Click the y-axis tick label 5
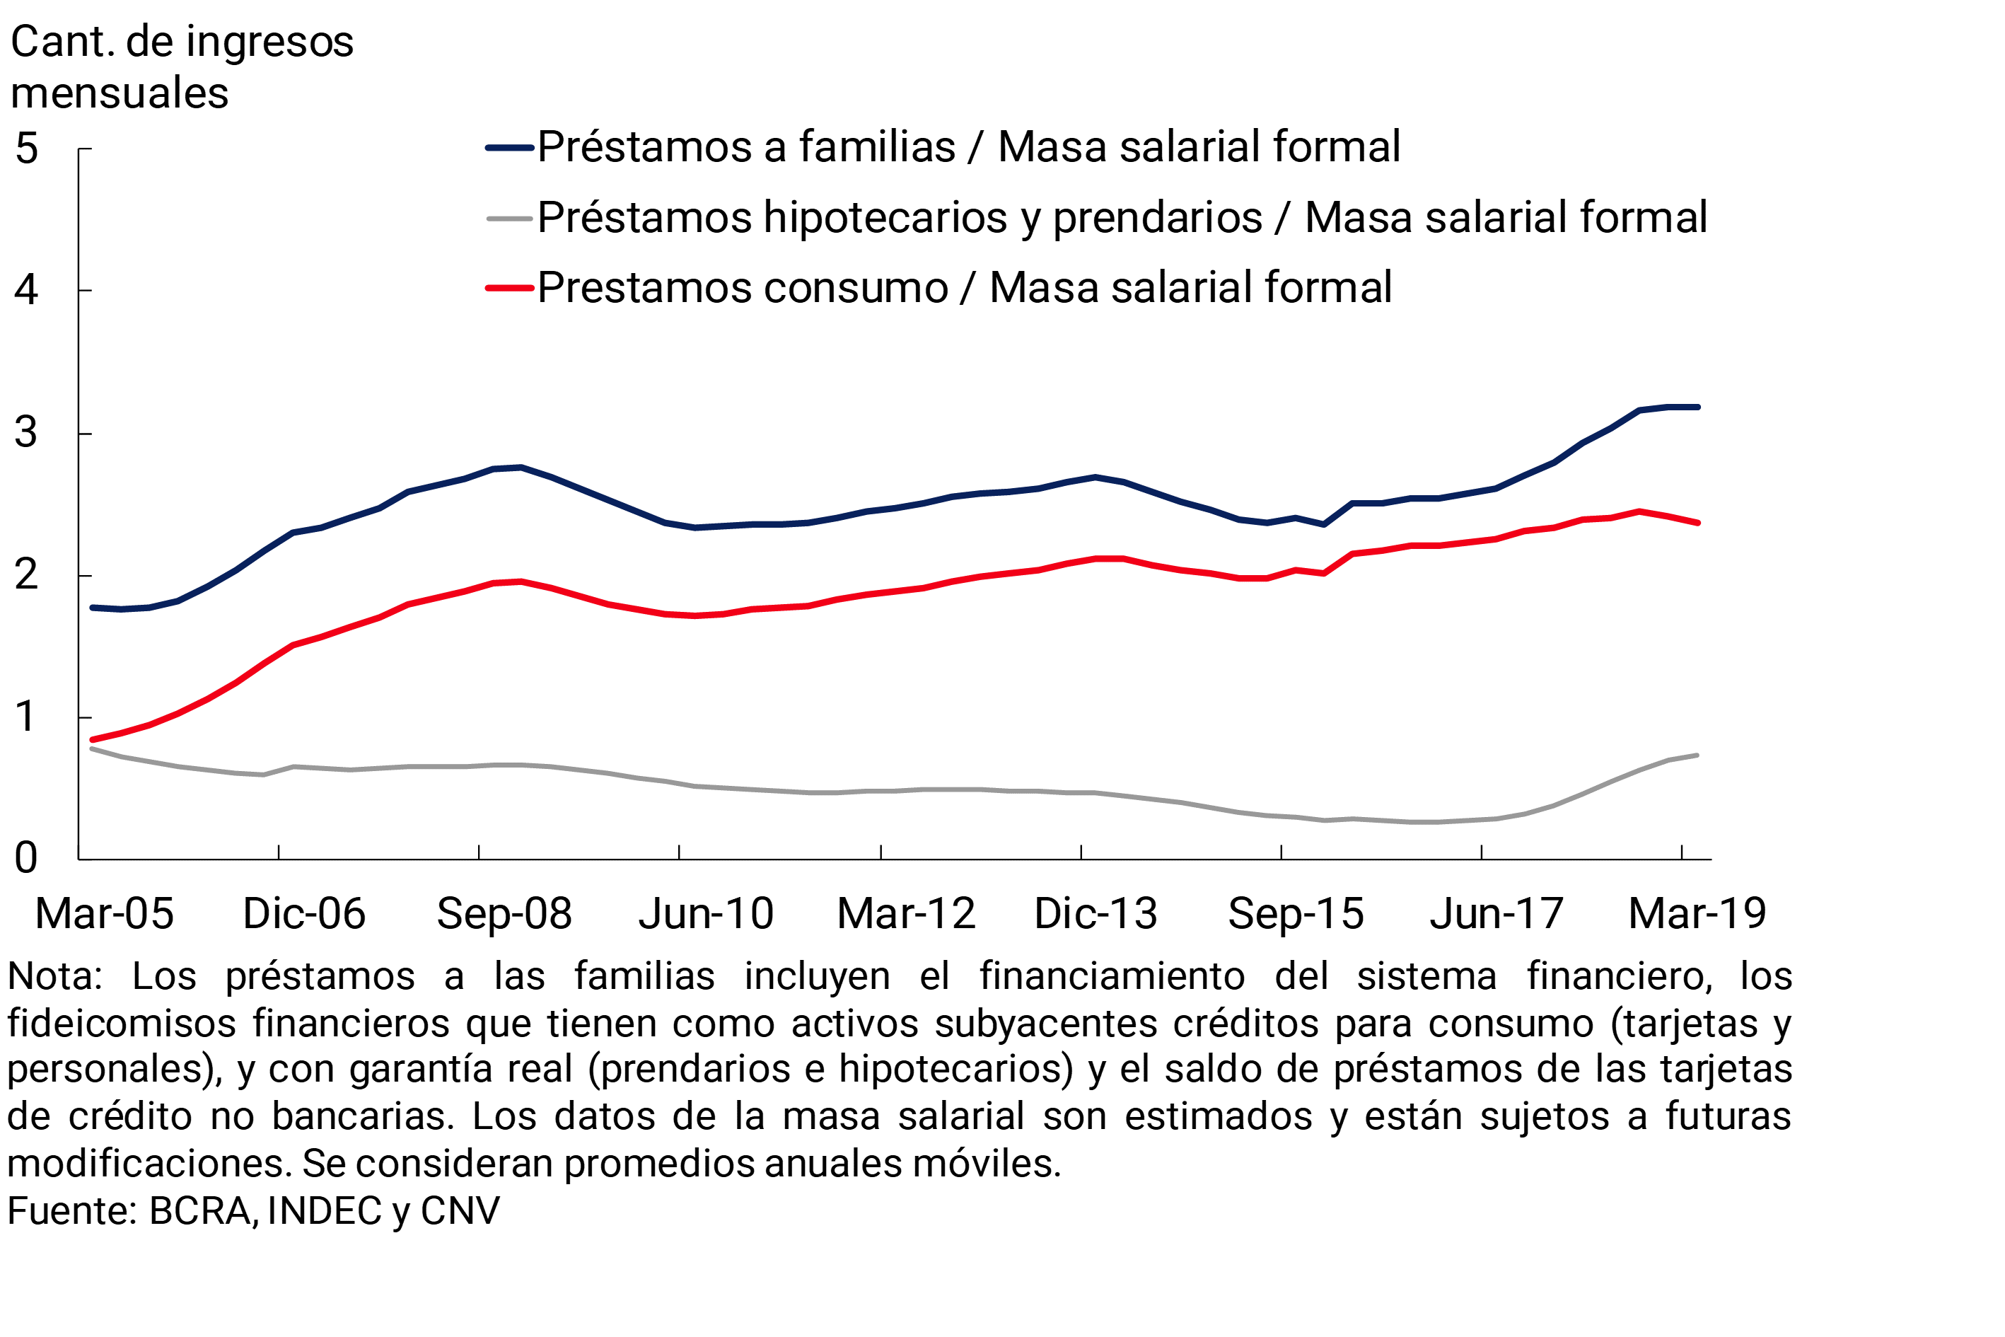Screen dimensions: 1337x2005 (x=26, y=149)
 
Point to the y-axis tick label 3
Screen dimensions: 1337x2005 (x=26, y=433)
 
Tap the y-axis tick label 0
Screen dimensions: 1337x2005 (x=26, y=858)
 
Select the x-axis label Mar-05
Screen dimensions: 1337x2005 (x=104, y=914)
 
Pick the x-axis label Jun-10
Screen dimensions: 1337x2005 (x=706, y=914)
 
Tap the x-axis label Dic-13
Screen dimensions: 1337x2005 (x=1096, y=914)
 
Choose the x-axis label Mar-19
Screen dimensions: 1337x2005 (x=1697, y=914)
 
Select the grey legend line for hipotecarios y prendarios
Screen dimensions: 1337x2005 (x=510, y=219)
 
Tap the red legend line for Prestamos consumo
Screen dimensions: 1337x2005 (x=510, y=288)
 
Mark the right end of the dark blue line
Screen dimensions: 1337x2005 (x=1698, y=407)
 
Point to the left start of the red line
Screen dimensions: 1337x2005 (x=92, y=740)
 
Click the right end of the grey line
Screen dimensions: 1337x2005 (x=1697, y=756)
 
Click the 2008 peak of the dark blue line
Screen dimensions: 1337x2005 (x=521, y=468)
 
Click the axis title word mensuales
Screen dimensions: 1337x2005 (x=120, y=93)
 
